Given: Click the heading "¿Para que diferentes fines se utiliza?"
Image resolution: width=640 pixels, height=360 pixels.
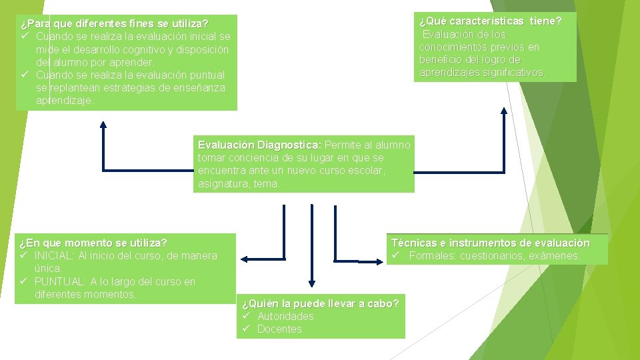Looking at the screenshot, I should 114,24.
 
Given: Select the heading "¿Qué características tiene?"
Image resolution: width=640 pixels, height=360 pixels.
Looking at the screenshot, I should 490,21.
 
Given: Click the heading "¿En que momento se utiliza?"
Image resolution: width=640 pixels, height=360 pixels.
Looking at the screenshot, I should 93,243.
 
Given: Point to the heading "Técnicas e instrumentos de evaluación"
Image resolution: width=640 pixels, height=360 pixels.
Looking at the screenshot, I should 491,243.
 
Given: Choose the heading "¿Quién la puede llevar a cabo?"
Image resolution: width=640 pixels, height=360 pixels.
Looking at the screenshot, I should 320,304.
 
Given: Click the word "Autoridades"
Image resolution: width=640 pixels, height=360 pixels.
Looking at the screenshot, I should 285,316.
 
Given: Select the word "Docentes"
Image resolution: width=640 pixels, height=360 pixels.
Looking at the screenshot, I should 279,329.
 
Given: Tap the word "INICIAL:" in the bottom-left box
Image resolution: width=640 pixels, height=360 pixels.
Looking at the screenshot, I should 55,256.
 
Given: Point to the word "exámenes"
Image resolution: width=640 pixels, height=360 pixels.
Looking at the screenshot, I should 553,256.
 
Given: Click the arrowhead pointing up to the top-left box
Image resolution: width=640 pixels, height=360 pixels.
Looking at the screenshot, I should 103,124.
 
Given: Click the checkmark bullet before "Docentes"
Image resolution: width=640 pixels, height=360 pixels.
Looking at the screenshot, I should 245,329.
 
